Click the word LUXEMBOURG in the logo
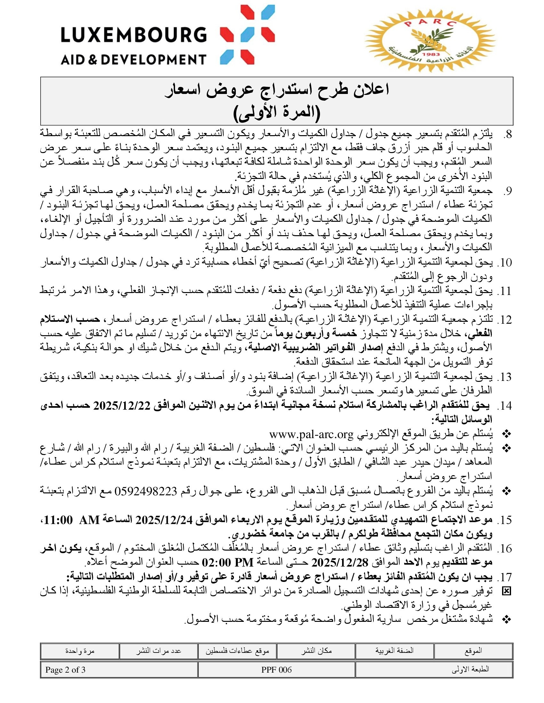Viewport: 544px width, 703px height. click(x=133, y=35)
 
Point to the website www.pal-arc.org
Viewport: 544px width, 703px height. click(x=311, y=435)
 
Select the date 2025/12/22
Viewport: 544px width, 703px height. click(x=122, y=406)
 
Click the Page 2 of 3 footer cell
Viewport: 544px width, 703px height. click(x=65, y=670)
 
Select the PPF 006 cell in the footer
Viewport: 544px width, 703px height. click(x=276, y=670)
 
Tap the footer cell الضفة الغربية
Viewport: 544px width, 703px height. click(x=395, y=651)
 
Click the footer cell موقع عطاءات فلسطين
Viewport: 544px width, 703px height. click(x=237, y=651)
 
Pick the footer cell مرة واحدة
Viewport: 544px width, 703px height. click(x=80, y=651)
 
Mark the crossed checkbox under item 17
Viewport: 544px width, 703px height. click(x=507, y=591)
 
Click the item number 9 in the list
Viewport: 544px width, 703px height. click(x=507, y=191)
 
